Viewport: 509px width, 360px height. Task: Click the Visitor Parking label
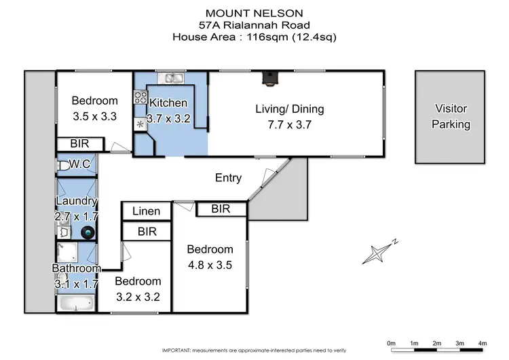(x=451, y=116)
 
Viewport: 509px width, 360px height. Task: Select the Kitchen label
(x=168, y=103)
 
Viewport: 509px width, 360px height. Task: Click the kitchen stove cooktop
(x=141, y=98)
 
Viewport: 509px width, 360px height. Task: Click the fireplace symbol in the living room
(x=269, y=79)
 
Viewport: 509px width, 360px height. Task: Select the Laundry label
(x=77, y=201)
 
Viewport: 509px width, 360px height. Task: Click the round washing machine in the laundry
(x=88, y=232)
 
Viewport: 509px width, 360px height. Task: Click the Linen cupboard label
(x=146, y=212)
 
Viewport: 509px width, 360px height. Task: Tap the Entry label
(x=228, y=178)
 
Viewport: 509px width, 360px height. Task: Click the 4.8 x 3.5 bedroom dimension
(x=210, y=265)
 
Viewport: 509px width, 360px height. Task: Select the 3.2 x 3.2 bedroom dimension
(x=138, y=296)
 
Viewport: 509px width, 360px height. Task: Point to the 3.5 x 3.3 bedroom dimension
(x=95, y=116)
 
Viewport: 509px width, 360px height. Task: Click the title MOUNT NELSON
(x=254, y=12)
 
